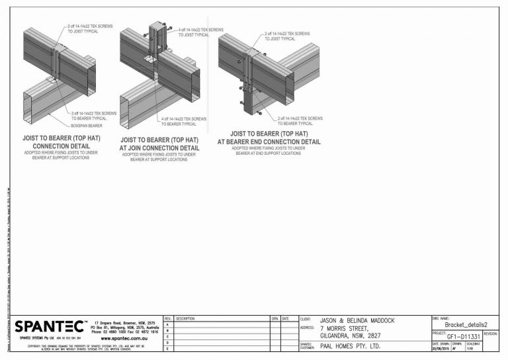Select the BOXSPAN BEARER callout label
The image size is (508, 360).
(x=87, y=125)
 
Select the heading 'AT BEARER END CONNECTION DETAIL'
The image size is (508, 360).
(x=269, y=142)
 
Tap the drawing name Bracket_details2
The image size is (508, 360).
(x=466, y=325)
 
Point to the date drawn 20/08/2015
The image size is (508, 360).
(x=441, y=349)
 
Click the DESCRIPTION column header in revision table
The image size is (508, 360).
(x=186, y=318)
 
